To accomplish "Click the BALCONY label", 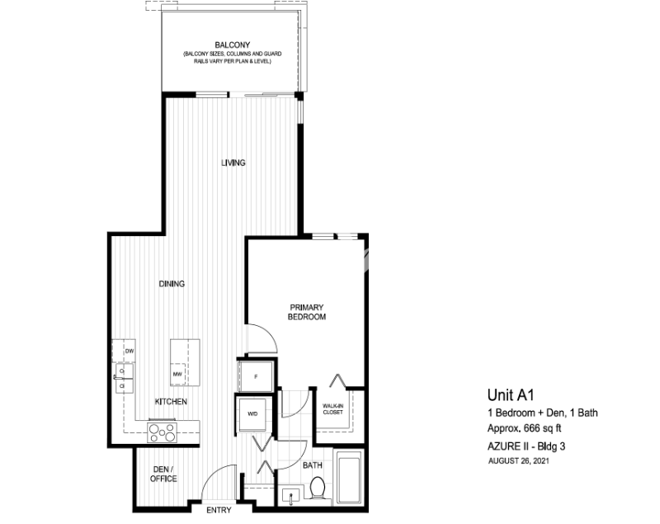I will coord(232,45).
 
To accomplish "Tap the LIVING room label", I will coord(233,163).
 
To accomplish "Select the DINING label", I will coord(172,284).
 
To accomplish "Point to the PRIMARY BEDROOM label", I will coord(306,311).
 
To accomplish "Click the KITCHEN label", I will coord(171,402).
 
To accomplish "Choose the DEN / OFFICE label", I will coord(164,474).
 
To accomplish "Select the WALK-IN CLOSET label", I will coord(332,409).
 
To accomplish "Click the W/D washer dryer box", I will coord(252,413).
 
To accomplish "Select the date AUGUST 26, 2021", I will coord(518,460).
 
